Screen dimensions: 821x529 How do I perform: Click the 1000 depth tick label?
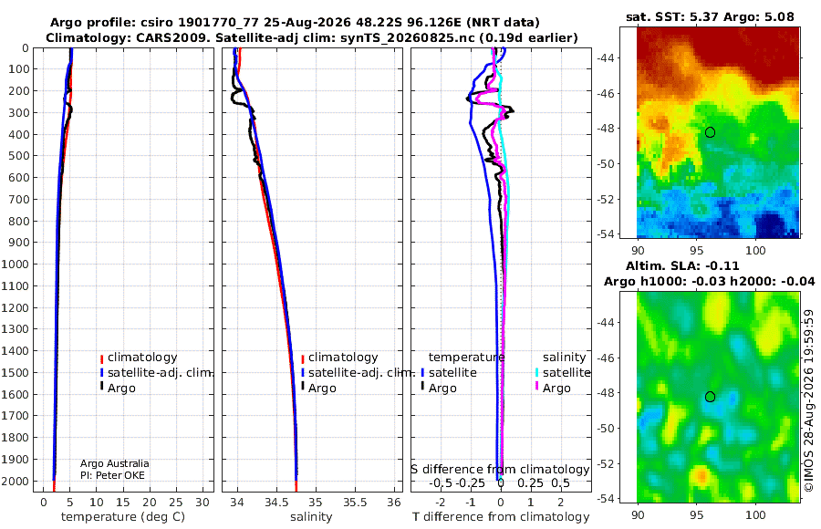[x=16, y=264]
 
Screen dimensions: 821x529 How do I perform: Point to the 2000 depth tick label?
[x=16, y=481]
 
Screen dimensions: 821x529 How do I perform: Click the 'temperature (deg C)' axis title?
[x=123, y=517]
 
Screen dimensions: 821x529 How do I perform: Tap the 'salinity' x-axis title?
[x=312, y=517]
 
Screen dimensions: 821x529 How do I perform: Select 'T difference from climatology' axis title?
[x=501, y=517]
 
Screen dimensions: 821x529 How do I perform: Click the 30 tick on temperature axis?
[x=203, y=503]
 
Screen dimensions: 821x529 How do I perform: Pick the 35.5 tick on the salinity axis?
[x=355, y=503]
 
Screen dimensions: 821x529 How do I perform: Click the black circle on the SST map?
[x=710, y=132]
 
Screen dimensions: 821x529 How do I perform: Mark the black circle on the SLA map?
[x=710, y=397]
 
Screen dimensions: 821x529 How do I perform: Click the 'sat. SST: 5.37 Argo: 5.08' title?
[x=710, y=16]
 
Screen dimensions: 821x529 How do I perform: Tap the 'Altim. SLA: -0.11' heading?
[x=682, y=265]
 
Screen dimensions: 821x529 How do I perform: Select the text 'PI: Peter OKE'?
[x=112, y=475]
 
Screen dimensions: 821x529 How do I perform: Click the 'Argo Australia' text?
[x=115, y=463]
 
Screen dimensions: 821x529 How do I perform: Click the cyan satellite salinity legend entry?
[x=562, y=372]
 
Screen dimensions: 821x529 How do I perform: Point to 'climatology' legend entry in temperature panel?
[x=139, y=358]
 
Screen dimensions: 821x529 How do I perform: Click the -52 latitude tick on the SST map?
[x=606, y=200]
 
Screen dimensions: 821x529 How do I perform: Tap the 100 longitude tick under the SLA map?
[x=755, y=514]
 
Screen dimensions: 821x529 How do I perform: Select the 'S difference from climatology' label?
[x=500, y=470]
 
